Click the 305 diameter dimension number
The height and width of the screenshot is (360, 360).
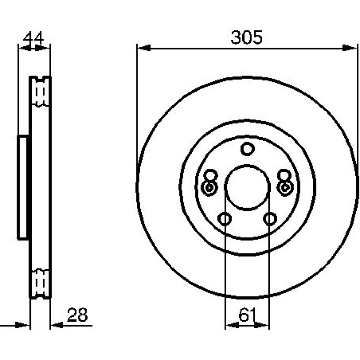click(x=246, y=37)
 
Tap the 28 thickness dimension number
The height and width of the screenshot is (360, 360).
click(x=77, y=315)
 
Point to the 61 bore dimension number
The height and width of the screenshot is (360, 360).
click(x=247, y=315)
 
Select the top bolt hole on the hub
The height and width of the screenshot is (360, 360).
click(x=247, y=149)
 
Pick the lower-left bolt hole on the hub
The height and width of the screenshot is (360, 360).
click(x=224, y=219)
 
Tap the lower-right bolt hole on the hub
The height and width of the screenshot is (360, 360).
click(x=270, y=219)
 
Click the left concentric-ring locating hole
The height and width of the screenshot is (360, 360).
click(x=209, y=188)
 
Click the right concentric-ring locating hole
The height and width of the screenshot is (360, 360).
click(x=285, y=188)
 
